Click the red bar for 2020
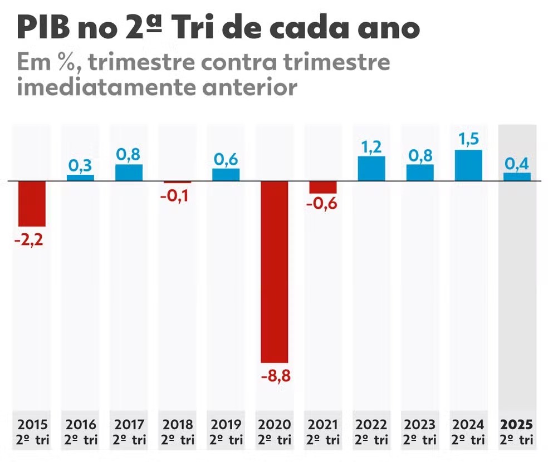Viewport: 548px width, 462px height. [275, 272]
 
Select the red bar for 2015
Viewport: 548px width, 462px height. [32, 204]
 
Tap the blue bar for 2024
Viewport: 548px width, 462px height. [468, 165]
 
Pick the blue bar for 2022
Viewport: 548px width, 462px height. [371, 168]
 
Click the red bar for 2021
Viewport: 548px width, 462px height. [323, 187]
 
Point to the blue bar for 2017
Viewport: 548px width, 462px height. [129, 173]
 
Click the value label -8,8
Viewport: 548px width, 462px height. [275, 376]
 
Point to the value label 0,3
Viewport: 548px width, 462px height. [81, 165]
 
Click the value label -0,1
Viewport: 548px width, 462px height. [178, 196]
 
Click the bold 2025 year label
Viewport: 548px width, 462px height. [517, 425]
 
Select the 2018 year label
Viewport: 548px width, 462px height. [178, 425]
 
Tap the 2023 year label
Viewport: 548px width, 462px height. [420, 425]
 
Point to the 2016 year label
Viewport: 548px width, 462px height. [81, 425]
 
